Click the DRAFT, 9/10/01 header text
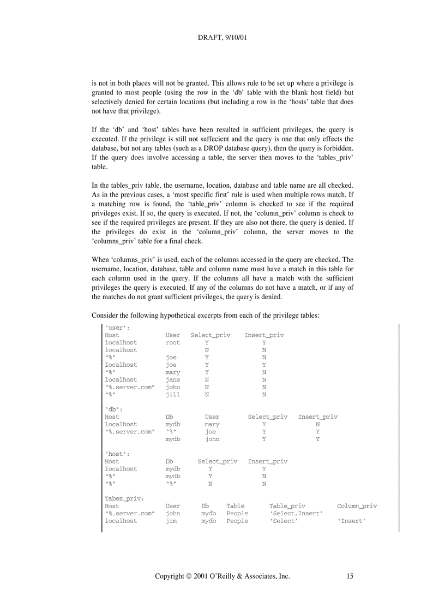[222, 39]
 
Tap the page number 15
[350, 576]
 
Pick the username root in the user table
[172, 343]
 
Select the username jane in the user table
[172, 379]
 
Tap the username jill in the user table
[172, 394]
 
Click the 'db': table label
[113, 409]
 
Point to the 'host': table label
[117, 454]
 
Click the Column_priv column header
[357, 506]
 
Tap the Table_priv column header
[287, 506]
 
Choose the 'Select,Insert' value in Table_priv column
[296, 514]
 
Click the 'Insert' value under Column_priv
[351, 521]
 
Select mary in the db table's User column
[212, 424]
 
